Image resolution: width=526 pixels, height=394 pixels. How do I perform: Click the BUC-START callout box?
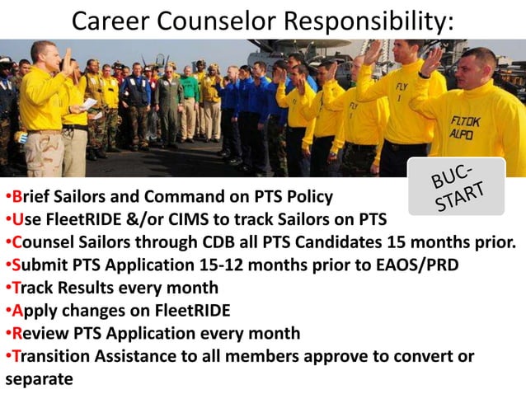point(456,185)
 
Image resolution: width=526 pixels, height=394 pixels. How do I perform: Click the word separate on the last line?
point(39,379)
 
